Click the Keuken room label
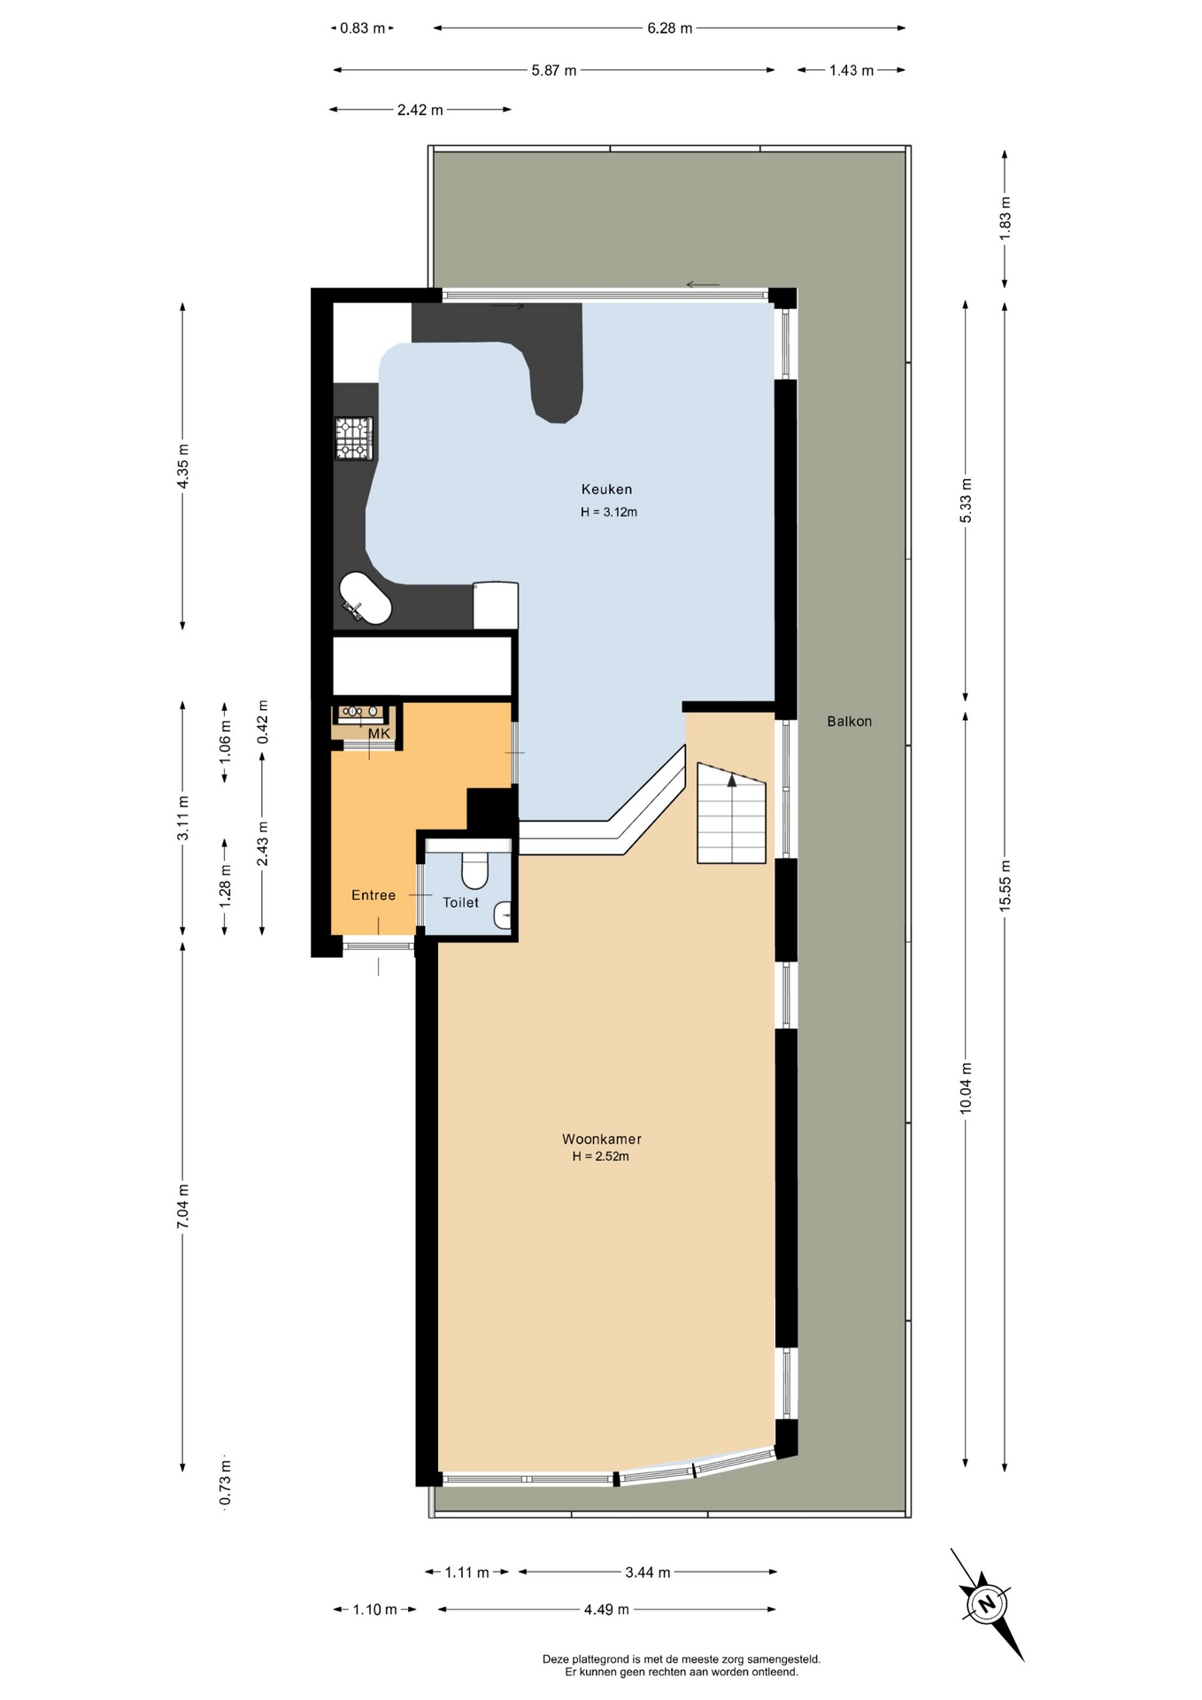point(606,489)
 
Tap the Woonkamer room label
point(602,1140)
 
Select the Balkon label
point(850,722)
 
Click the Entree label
point(374,895)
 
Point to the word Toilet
point(461,902)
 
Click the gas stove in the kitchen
point(354,438)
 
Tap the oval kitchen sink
point(366,599)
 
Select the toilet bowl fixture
point(475,869)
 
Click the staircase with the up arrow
point(731,813)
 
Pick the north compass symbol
point(986,1603)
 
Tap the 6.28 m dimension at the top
point(670,28)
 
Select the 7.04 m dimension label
point(182,1206)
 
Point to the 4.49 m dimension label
point(606,1609)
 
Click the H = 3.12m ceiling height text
point(609,512)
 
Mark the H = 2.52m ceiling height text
point(601,1156)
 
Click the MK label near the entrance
point(379,734)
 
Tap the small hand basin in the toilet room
point(503,915)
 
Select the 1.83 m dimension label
point(1005,216)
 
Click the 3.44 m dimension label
point(648,1572)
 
